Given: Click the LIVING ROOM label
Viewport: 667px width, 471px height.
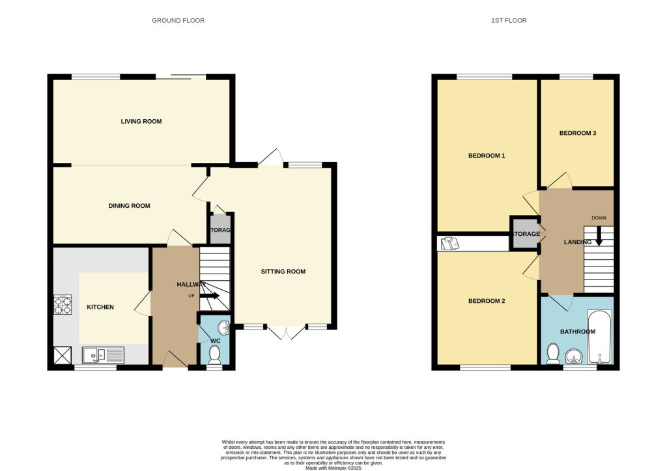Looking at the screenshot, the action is pos(141,121).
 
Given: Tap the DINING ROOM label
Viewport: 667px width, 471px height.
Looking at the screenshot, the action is pos(130,206).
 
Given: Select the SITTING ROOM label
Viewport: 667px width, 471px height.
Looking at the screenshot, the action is pos(283,272).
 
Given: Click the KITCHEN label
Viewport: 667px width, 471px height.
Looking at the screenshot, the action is pos(100,307).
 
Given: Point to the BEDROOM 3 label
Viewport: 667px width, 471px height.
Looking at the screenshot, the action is pos(578,133).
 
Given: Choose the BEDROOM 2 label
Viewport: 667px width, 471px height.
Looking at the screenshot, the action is pos(487,301).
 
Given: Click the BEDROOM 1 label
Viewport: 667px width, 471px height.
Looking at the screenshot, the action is pos(487,156).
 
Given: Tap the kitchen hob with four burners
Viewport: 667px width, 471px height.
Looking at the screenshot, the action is pos(63,305).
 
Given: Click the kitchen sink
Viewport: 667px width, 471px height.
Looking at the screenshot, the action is pos(104,355).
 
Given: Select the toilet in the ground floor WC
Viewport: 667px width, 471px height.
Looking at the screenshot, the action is pos(214,355).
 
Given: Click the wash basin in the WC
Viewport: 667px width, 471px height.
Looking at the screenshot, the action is pos(223,328).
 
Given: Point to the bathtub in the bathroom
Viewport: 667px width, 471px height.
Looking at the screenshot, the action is pos(599,337).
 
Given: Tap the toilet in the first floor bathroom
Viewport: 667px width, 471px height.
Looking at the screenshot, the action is pos(553,354).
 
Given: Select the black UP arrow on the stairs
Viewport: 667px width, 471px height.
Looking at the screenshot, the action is pos(210,296).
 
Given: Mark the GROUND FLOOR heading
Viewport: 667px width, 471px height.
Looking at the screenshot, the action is pos(178,20).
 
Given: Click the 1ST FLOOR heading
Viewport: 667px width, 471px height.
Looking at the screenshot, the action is pos(509,20).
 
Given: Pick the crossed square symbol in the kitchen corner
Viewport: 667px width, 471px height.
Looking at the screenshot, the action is pos(63,356).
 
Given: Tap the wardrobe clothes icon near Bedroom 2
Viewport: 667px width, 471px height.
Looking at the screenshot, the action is pos(449,244).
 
